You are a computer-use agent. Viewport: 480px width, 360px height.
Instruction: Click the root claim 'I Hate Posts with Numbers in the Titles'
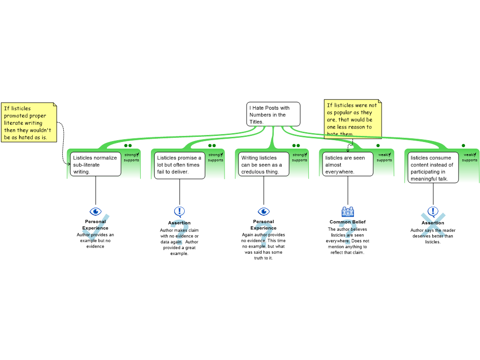click(x=273, y=114)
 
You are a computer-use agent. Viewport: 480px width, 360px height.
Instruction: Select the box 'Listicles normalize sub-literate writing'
click(x=96, y=165)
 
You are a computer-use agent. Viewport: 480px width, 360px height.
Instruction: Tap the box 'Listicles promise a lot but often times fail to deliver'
click(x=180, y=165)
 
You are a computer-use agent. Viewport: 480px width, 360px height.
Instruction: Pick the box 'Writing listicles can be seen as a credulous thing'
click(x=263, y=165)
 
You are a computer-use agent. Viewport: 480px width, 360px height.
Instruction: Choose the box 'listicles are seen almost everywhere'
click(x=347, y=165)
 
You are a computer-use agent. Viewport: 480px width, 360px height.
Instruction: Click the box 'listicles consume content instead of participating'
click(x=432, y=168)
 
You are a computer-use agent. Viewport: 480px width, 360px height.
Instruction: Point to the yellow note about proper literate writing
click(x=29, y=122)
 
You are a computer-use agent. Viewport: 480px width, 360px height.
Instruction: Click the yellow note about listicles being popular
click(x=352, y=119)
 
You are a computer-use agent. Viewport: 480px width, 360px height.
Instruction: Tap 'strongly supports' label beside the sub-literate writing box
click(x=132, y=157)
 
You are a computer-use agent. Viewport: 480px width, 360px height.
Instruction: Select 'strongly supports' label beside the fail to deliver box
click(x=216, y=157)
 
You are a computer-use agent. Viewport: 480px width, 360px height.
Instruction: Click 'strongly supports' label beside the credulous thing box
click(x=300, y=157)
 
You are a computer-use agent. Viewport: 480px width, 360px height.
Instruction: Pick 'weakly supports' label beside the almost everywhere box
click(x=384, y=157)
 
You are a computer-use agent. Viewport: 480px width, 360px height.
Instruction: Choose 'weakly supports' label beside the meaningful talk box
click(x=470, y=157)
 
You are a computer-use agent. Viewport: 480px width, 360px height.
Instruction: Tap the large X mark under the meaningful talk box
click(x=433, y=226)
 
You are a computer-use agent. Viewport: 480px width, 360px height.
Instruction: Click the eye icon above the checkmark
click(x=96, y=211)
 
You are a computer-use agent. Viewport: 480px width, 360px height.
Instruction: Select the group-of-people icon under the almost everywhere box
click(x=348, y=211)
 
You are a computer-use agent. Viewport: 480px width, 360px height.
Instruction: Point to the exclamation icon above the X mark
click(x=433, y=211)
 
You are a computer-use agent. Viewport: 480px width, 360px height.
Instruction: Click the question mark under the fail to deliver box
click(x=179, y=232)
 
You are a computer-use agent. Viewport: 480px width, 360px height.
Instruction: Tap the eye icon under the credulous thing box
click(x=263, y=211)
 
